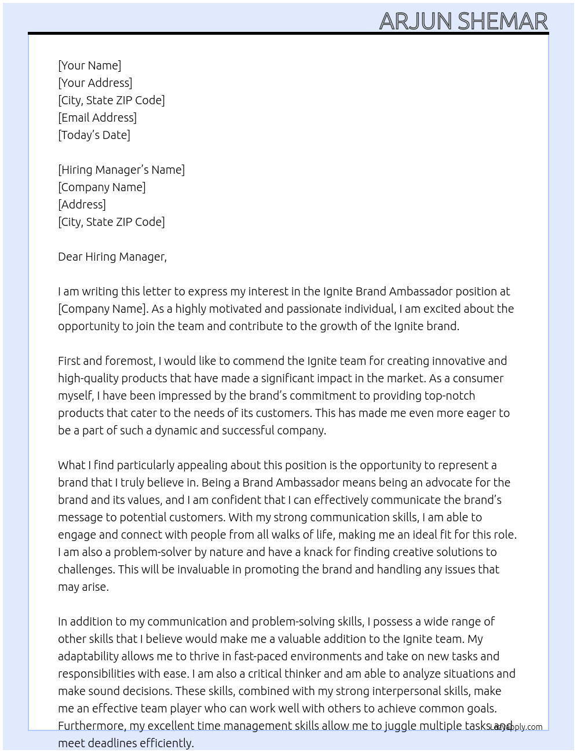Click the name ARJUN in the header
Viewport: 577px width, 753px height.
[415, 21]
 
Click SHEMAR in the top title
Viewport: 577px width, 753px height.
[502, 21]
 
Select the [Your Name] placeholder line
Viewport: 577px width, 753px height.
[90, 65]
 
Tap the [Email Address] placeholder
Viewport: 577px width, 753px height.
[97, 118]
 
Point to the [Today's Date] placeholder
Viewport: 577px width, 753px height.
[94, 135]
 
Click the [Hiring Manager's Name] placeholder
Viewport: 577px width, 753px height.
[121, 170]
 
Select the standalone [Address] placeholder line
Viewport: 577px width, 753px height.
[82, 204]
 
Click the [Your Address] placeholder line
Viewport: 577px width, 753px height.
[95, 83]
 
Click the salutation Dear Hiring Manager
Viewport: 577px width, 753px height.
[112, 257]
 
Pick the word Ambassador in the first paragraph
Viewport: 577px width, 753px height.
[421, 291]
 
